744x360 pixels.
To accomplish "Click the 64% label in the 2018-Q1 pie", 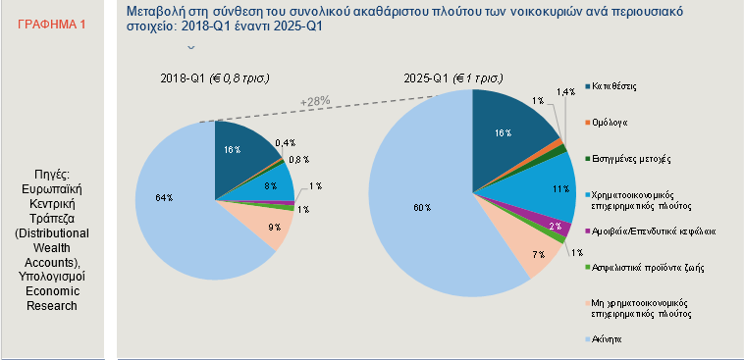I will click(x=163, y=197).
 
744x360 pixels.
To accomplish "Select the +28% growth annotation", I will click(x=315, y=101).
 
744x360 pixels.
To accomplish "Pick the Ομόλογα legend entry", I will click(x=611, y=123).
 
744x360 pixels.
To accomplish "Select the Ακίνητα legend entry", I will click(x=609, y=339).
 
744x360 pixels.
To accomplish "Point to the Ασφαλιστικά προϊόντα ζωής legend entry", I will click(x=642, y=267).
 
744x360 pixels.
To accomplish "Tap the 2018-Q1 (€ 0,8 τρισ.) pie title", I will click(x=215, y=77).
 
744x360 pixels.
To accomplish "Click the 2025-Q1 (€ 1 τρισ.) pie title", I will click(x=456, y=77).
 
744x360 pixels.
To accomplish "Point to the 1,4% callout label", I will click(x=565, y=91).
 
